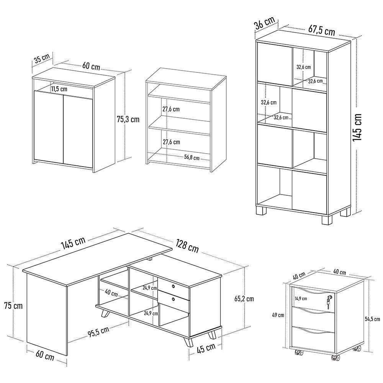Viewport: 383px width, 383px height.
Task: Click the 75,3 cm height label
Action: (128, 119)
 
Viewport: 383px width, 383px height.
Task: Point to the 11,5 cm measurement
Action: (59, 89)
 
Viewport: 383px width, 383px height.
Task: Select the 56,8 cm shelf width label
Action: (192, 157)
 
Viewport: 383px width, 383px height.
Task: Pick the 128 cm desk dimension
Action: (187, 246)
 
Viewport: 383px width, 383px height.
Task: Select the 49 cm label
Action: (278, 315)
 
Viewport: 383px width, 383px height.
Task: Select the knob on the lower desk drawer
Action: (173, 298)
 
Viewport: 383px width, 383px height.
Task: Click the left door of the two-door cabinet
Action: (48, 126)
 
